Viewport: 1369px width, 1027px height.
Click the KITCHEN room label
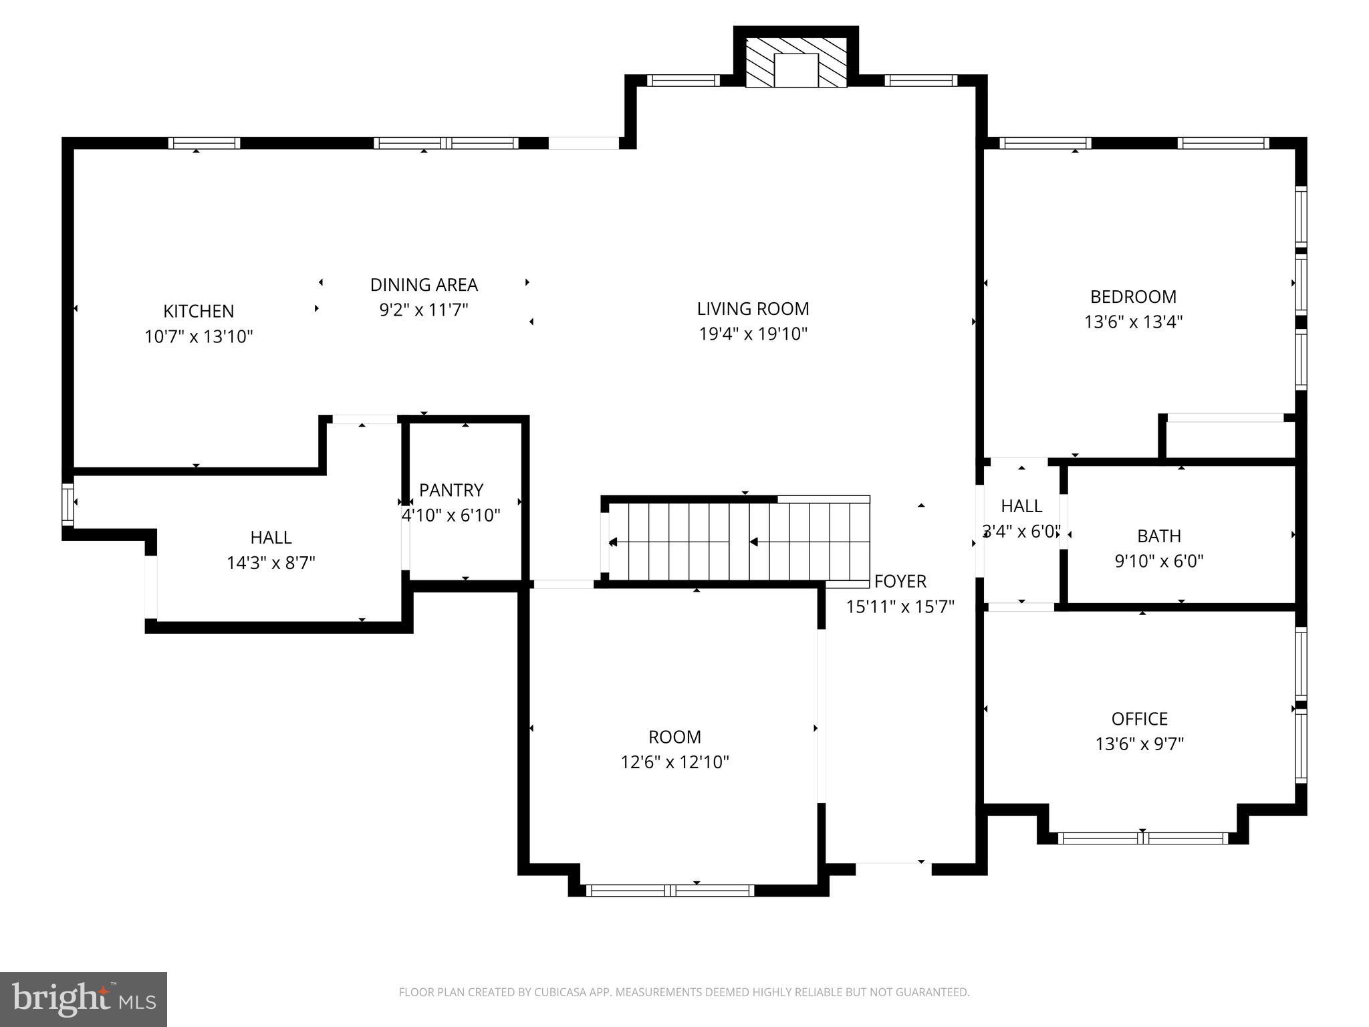[199, 311]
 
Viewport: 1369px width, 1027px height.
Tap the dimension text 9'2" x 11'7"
[424, 310]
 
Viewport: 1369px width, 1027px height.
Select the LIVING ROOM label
[753, 309]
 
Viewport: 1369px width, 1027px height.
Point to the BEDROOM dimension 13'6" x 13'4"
[1133, 322]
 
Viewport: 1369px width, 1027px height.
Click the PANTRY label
[451, 490]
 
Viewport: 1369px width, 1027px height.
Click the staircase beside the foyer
[735, 542]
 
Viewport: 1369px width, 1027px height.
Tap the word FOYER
[900, 582]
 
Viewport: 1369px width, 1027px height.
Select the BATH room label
[1159, 536]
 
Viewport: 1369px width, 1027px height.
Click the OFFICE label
[1139, 719]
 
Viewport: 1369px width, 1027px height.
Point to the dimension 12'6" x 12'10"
[674, 762]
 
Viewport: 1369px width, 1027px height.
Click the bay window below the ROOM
[670, 890]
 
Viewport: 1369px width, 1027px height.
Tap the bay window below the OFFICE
[1142, 838]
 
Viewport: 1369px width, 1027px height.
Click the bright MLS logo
[84, 999]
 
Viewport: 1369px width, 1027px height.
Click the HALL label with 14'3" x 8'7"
[271, 538]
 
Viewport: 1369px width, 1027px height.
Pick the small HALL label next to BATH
[1021, 506]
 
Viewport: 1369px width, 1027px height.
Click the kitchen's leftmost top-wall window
[204, 143]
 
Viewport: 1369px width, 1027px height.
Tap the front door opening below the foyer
[893, 869]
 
